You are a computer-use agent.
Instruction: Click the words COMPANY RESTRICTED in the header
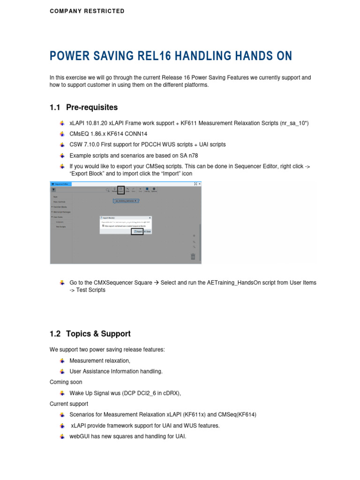coord(87,11)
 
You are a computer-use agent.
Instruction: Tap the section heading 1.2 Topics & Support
coord(90,334)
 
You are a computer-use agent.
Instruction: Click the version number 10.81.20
coord(99,123)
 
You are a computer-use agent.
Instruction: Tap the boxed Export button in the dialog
coord(137,232)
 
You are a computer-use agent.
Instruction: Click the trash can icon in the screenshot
coord(193,256)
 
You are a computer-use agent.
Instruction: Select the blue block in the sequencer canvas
coord(127,201)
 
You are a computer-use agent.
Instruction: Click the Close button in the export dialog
coord(147,232)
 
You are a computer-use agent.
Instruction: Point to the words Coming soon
coord(66,382)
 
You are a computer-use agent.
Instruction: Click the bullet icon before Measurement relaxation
coord(62,360)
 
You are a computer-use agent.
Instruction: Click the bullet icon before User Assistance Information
coord(62,371)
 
